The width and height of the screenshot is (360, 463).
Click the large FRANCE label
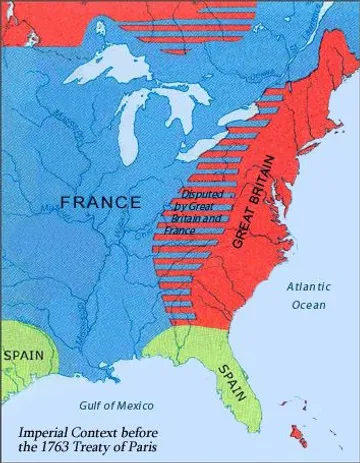click(100, 202)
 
